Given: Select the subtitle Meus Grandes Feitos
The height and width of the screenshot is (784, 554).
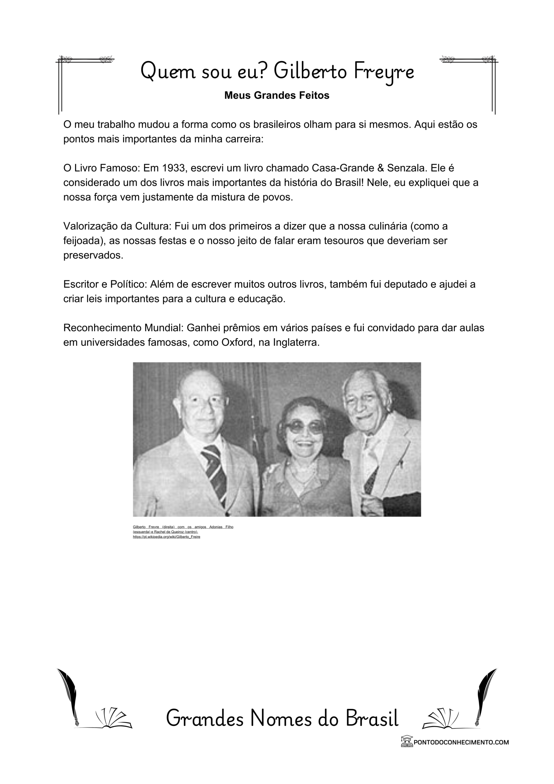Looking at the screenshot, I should pyautogui.click(x=276, y=96).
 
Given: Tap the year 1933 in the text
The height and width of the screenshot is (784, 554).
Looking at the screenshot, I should pyautogui.click(x=174, y=168).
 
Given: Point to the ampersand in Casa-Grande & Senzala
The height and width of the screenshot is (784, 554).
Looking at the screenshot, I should pyautogui.click(x=380, y=168).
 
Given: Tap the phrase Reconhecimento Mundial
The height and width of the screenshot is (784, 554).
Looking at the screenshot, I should pyautogui.click(x=124, y=328).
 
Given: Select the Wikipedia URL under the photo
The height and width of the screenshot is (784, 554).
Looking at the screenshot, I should pyautogui.click(x=166, y=537).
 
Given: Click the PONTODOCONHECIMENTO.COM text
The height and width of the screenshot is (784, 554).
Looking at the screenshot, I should pyautogui.click(x=461, y=742).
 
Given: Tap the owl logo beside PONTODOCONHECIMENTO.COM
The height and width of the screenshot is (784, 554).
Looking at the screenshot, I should pyautogui.click(x=406, y=741).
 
